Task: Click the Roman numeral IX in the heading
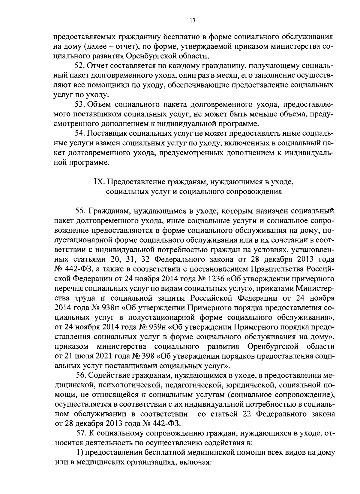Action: pos(99,182)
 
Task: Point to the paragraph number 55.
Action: pos(81,211)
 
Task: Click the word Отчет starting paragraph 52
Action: pos(98,65)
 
